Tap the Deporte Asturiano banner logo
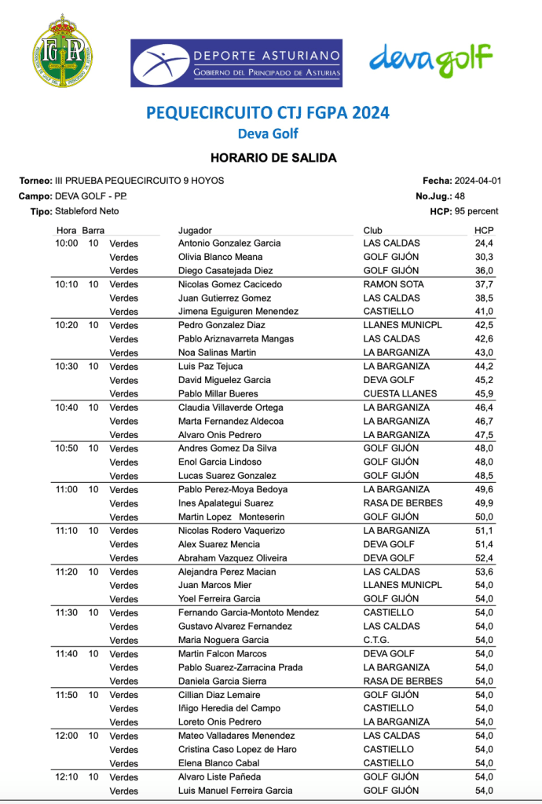tap(236, 62)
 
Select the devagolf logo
tap(430, 59)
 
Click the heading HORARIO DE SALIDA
tap(273, 158)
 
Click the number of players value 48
tap(460, 196)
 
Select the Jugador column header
tap(195, 231)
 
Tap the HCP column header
tap(483, 231)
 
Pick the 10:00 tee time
tap(67, 243)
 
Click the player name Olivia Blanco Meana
tap(220, 257)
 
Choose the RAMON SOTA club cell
tap(394, 284)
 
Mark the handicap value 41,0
tap(483, 312)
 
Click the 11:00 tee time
tap(67, 489)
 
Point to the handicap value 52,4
tap(483, 558)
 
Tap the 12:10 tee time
tap(67, 777)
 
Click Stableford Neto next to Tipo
tap(87, 211)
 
